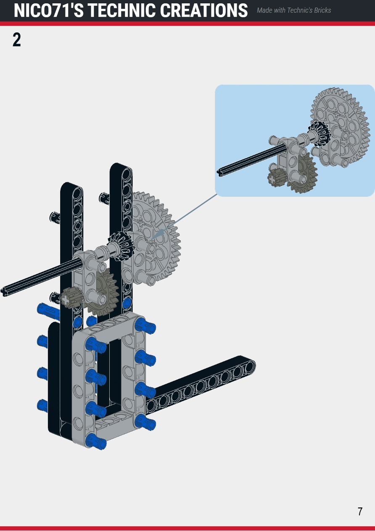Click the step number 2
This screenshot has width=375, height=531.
(16, 40)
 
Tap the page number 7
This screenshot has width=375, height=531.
(360, 512)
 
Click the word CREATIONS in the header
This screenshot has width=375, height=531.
(203, 11)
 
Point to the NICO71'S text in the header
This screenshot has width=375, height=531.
(49, 11)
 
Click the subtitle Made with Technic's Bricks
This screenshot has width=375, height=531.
(294, 10)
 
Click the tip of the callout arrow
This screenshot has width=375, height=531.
(152, 238)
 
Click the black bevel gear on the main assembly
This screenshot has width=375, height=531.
(121, 246)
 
